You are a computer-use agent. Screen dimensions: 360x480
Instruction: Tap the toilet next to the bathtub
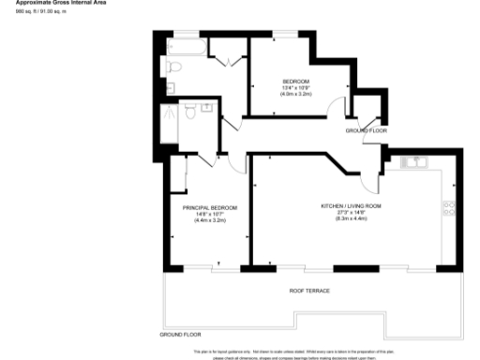[175, 67]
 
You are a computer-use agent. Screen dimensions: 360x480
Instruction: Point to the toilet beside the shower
[189, 112]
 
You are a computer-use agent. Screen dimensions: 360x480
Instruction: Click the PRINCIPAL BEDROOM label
[210, 206]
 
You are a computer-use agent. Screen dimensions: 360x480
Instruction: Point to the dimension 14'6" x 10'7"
[210, 213]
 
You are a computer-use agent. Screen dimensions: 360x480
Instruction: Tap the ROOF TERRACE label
[309, 291]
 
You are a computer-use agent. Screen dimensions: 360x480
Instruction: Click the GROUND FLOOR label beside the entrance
[367, 129]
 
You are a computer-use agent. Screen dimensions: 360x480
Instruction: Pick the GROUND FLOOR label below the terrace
[181, 335]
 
